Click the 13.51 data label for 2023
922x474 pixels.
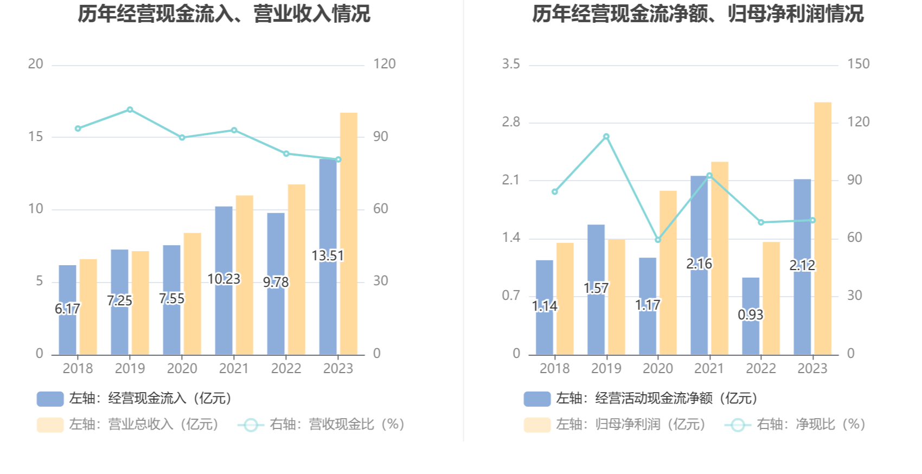pos(328,255)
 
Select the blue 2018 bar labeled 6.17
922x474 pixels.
pos(68,325)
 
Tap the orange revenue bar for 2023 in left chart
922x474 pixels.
pos(349,233)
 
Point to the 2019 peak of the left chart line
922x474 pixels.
pos(130,110)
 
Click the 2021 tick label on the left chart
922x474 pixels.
pos(234,369)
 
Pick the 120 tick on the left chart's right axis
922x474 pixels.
pos(384,64)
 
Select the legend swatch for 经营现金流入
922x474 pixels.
pos(50,399)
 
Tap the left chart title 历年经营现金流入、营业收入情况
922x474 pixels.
pos(224,14)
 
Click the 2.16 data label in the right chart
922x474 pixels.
pos(699,264)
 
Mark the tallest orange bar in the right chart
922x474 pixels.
pos(823,228)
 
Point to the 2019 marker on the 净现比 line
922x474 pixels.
pos(606,137)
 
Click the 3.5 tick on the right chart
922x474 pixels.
pos(510,64)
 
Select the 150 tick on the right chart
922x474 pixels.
pos(859,64)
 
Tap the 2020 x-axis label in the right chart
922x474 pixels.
pos(657,369)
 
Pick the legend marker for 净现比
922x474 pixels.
pos(738,425)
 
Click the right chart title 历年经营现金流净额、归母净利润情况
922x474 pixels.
pos(697,14)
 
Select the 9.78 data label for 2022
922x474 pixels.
pos(276,283)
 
